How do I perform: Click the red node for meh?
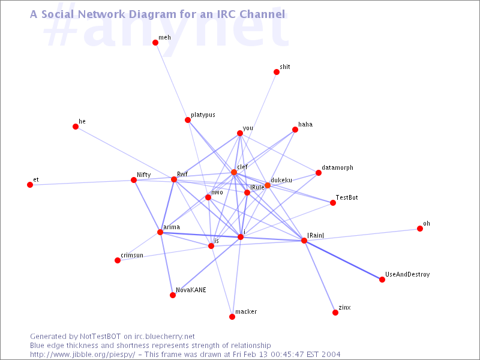coord(155,43)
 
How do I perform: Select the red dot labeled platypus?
coord(188,120)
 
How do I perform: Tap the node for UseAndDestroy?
coord(382,280)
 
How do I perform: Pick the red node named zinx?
coord(335,313)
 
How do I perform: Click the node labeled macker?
coord(232,317)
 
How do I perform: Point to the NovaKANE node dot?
coord(173,295)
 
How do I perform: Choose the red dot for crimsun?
coord(118,260)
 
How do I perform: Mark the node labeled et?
coord(30,185)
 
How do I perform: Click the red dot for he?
coord(76,127)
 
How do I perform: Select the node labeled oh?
coord(419,229)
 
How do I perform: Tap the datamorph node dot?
coord(319,173)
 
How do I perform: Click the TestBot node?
coord(333,203)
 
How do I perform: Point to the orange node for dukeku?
coord(268,185)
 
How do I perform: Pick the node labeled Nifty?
coord(133,180)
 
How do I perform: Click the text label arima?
coord(172,227)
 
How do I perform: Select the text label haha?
coord(305,124)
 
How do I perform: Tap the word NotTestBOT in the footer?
coord(100,337)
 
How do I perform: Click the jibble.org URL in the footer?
coord(82,355)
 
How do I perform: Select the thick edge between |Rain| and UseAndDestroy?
coord(343,260)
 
